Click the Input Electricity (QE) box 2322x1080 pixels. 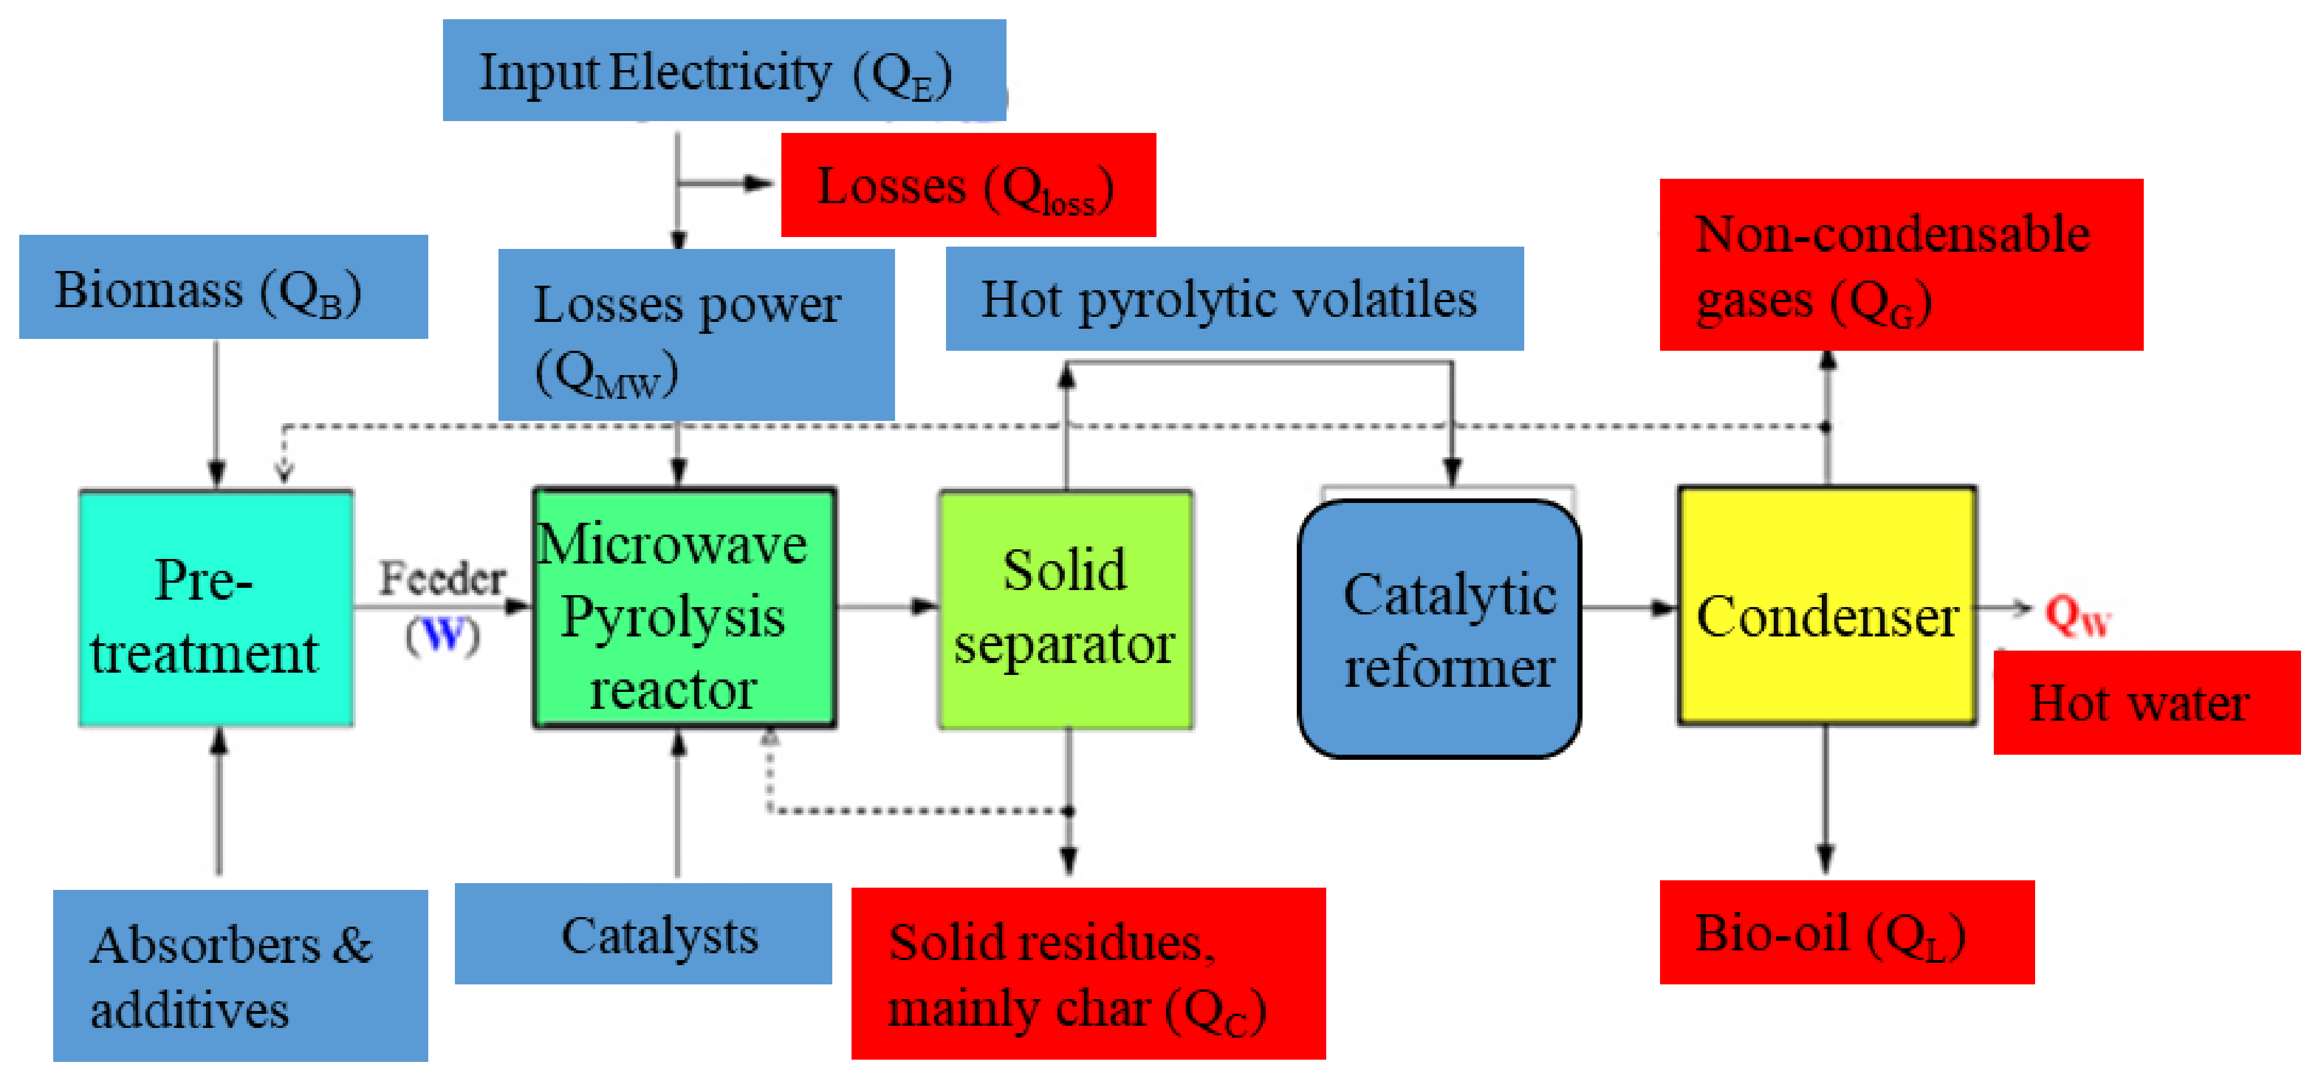coord(723,70)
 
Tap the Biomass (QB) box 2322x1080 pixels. coord(223,287)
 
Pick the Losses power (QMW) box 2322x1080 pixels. coord(696,334)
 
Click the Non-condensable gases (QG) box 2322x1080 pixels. coord(1900,265)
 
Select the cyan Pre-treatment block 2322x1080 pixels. coord(216,609)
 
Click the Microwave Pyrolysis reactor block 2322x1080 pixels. coord(684,609)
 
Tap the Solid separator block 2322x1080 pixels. coord(1065,609)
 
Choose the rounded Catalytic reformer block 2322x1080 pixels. coord(1439,629)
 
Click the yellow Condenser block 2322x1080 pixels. coord(1826,606)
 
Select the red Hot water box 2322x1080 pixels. coord(2145,702)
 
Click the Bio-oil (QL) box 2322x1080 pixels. coord(1846,932)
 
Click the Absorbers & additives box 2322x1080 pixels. coord(240,975)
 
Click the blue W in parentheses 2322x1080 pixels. coord(442,635)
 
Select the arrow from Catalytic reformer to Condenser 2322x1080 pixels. coord(1628,608)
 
